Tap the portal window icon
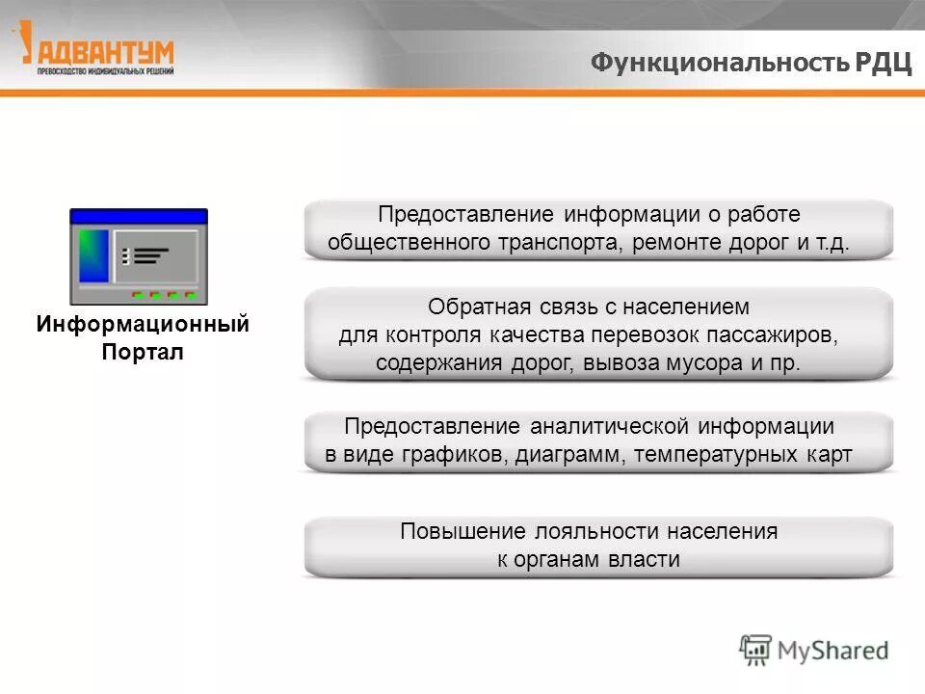[x=138, y=256]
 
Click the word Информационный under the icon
[x=143, y=324]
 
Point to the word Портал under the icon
[x=143, y=352]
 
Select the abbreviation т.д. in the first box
[x=834, y=242]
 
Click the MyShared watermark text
[x=834, y=651]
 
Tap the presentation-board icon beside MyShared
[x=755, y=650]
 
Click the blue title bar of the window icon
[x=138, y=216]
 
